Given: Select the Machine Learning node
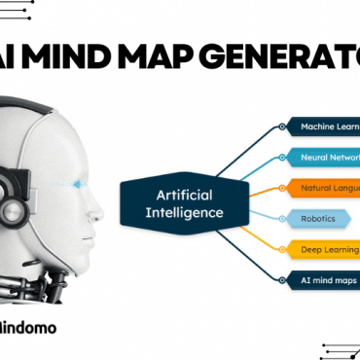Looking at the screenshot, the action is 325,126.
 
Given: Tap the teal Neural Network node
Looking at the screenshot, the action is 326,157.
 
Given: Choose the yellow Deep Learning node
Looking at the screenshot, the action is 326,249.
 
